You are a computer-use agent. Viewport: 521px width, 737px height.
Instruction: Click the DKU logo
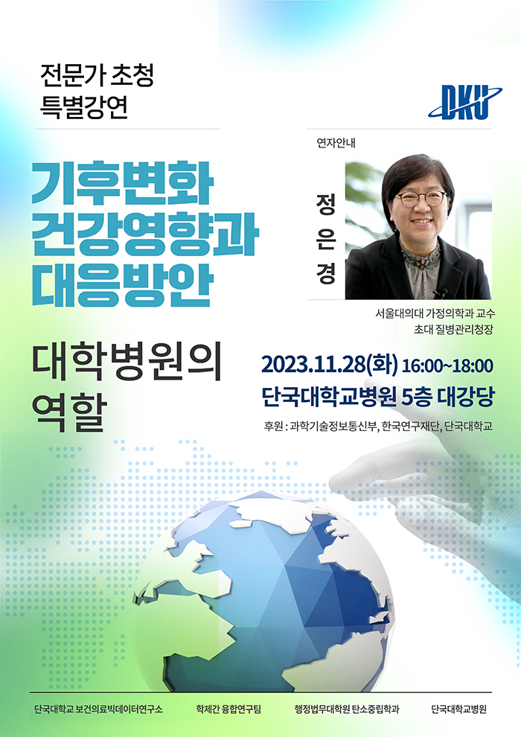pyautogui.click(x=465, y=101)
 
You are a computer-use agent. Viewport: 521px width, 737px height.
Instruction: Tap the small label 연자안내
pyautogui.click(x=336, y=143)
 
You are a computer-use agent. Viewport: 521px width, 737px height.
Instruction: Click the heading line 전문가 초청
pyautogui.click(x=98, y=75)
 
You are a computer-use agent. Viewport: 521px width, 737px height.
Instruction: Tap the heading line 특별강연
pyautogui.click(x=84, y=106)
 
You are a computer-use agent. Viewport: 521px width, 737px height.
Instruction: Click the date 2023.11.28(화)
pyautogui.click(x=329, y=366)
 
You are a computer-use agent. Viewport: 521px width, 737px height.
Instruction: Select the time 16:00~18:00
pyautogui.click(x=448, y=366)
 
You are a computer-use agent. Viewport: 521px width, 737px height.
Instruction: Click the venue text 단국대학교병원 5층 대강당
pyautogui.click(x=378, y=398)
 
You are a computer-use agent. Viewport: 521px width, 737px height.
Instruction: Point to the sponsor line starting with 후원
pyautogui.click(x=378, y=427)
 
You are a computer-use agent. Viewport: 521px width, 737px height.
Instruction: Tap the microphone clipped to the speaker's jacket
pyautogui.click(x=441, y=294)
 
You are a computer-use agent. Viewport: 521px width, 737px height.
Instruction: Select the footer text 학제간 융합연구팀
pyautogui.click(x=228, y=709)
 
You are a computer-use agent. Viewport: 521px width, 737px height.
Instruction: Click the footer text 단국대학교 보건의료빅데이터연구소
pyautogui.click(x=99, y=709)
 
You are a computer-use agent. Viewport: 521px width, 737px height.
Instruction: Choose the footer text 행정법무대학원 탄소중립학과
pyautogui.click(x=347, y=709)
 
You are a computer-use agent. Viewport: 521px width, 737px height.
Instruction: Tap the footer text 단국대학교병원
pyautogui.click(x=459, y=709)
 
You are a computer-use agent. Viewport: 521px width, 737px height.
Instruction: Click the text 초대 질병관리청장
pyautogui.click(x=453, y=330)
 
